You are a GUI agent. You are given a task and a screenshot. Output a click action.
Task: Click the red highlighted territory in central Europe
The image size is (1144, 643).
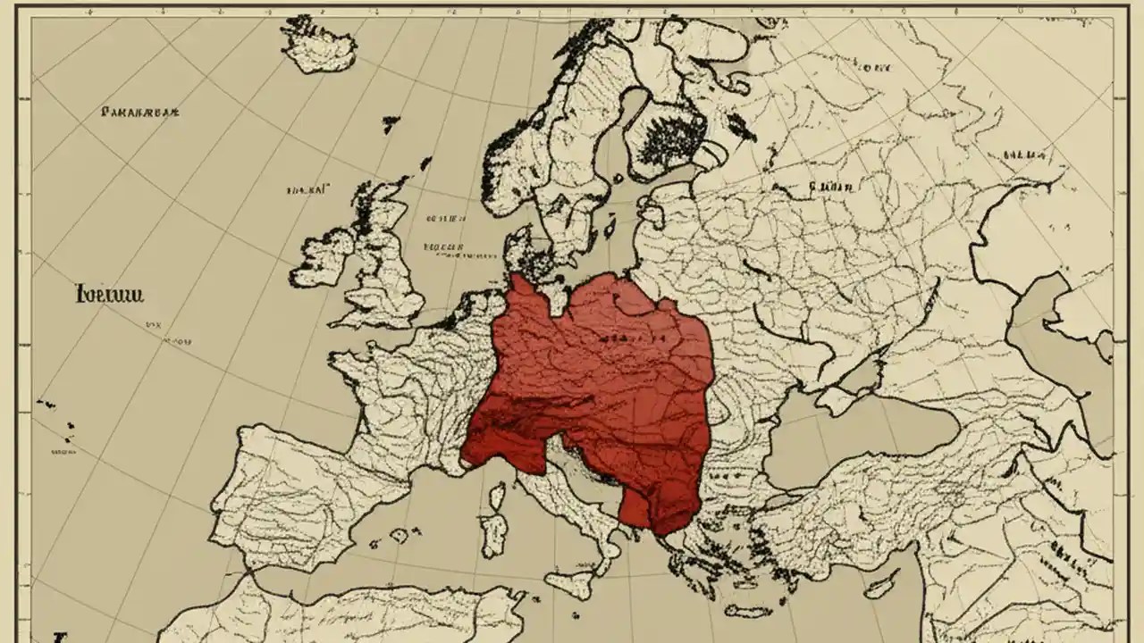pos(599,384)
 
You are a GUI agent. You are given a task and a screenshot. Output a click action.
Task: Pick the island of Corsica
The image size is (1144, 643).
pos(495,496)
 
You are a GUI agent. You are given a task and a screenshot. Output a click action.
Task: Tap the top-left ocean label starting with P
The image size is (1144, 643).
pos(141,113)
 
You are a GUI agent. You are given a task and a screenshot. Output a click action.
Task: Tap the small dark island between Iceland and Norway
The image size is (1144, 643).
pos(391,124)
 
